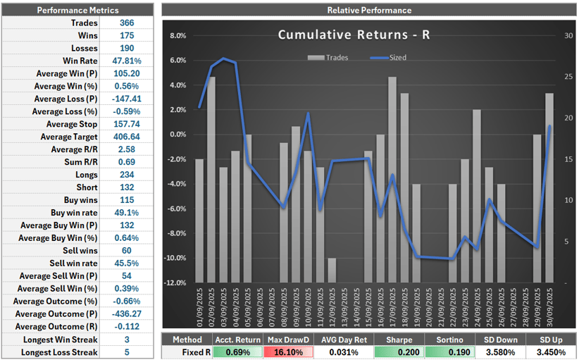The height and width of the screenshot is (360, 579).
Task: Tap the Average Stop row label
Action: pyautogui.click(x=67, y=124)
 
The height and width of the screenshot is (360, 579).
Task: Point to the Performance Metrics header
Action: pyautogui.click(x=77, y=10)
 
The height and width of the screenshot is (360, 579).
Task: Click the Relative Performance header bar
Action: pyautogui.click(x=369, y=10)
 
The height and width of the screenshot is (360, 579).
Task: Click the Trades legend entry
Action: pyautogui.click(x=335, y=58)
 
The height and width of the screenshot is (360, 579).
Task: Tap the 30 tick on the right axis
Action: pyautogui.click(x=568, y=36)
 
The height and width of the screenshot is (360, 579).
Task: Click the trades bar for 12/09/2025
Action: pyautogui.click(x=332, y=270)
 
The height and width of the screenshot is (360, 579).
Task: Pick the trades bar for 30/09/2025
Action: pyautogui.click(x=549, y=187)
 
